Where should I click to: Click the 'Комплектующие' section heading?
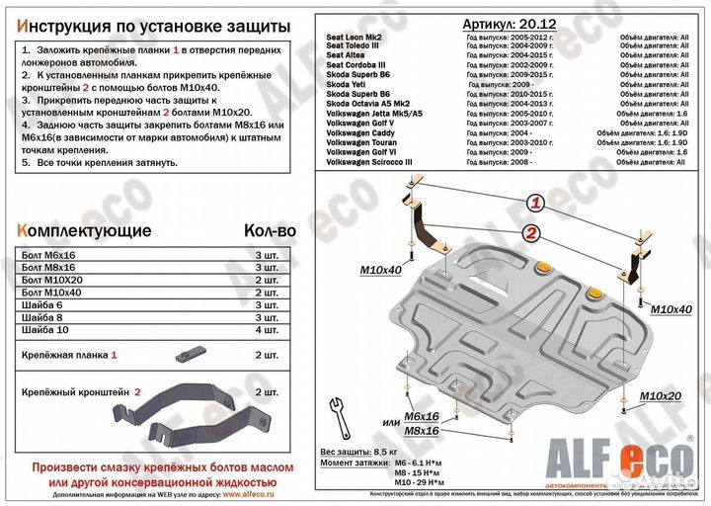tap(84, 230)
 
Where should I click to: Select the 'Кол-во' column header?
tap(269, 230)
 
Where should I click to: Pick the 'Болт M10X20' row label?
tap(52, 280)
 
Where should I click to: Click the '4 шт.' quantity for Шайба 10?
tap(266, 329)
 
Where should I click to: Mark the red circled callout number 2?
tap(531, 234)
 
